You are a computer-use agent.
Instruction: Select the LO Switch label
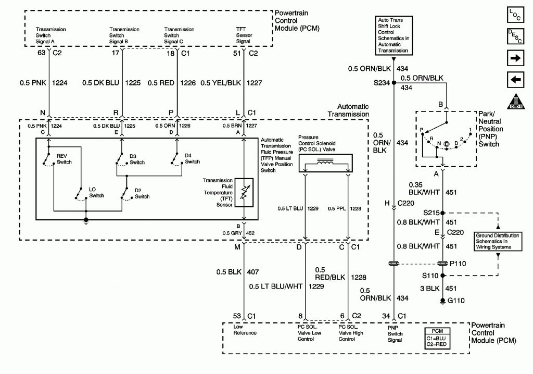[97, 193]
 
